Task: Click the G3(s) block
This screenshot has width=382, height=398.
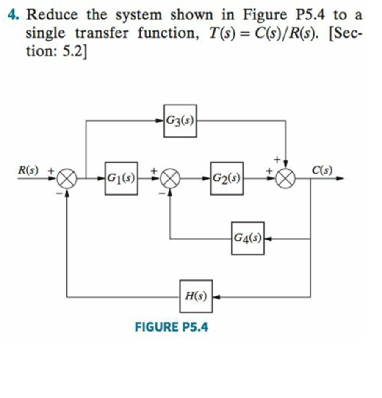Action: [x=180, y=121]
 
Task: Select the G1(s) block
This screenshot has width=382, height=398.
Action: [x=121, y=178]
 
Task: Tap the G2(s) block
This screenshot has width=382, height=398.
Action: [x=227, y=178]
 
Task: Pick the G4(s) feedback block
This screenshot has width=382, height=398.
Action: [x=248, y=238]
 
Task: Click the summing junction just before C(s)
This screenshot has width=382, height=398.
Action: [x=286, y=178]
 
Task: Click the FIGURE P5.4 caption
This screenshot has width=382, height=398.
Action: [x=171, y=327]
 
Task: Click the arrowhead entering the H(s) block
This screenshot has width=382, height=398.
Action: [x=216, y=296]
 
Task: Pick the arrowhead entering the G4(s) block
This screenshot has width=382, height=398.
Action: [x=268, y=239]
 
